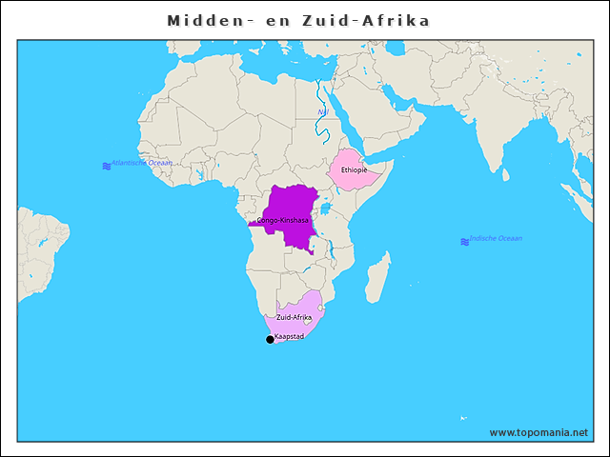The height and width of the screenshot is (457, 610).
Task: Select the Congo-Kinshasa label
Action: click(283, 221)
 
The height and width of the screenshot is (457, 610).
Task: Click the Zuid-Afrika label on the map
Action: click(294, 317)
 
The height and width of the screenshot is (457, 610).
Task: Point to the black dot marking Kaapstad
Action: click(270, 340)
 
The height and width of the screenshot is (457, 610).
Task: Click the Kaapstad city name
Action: click(289, 337)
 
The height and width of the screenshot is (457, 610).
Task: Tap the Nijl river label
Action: click(323, 113)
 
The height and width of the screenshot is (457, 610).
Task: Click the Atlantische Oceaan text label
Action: click(142, 163)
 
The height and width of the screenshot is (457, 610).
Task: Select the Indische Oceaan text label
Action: click(496, 238)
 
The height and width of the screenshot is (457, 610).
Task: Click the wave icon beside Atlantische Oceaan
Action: click(106, 167)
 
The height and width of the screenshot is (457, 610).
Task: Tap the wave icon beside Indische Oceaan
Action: click(464, 242)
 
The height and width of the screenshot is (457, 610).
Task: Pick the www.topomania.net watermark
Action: click(539, 432)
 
